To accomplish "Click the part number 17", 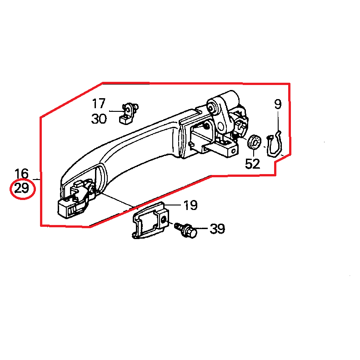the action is click(x=99, y=104).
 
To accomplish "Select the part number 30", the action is click(x=99, y=119).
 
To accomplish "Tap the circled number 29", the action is click(x=21, y=189).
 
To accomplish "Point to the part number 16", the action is click(x=21, y=173).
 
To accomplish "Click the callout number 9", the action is click(x=278, y=104).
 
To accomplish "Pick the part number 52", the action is click(x=253, y=164).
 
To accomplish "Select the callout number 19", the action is click(x=190, y=205).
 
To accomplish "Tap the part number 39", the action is click(x=217, y=229).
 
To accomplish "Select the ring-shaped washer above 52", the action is click(x=254, y=142).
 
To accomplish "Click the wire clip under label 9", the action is click(x=275, y=144).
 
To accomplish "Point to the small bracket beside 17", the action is click(x=129, y=114).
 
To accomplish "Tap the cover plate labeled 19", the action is click(x=150, y=220).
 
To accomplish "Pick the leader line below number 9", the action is click(x=278, y=121).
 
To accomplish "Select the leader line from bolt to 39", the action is click(x=201, y=229).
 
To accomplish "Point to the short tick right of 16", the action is click(x=36, y=179).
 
